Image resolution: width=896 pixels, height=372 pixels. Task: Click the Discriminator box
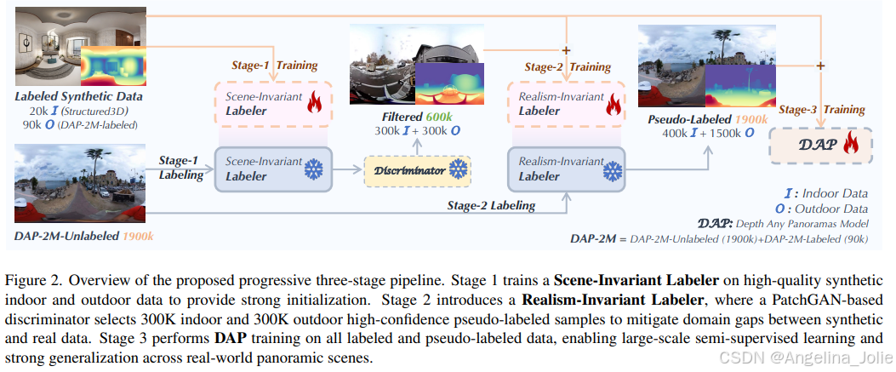tap(417, 171)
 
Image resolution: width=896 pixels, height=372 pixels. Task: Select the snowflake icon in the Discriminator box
tap(458, 171)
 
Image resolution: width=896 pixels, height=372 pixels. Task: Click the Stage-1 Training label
tap(275, 65)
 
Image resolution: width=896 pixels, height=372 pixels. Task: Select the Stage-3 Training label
tap(822, 109)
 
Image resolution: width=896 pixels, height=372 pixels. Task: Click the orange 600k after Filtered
tap(439, 117)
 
